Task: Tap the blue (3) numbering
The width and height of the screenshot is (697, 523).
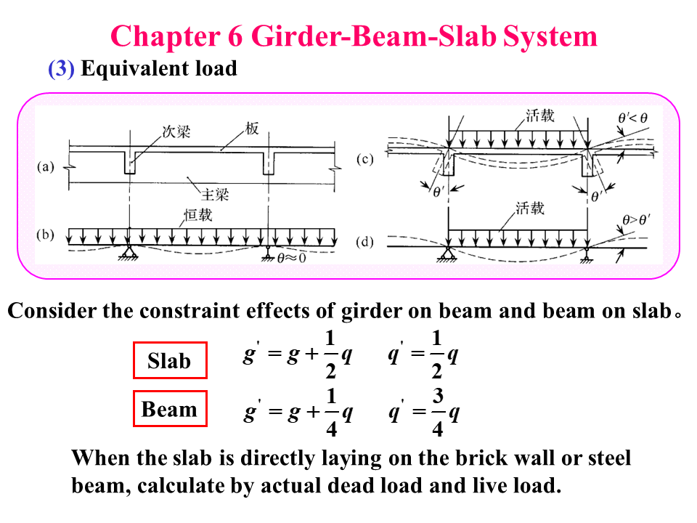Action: point(61,69)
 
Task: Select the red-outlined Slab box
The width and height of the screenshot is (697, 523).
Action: point(170,360)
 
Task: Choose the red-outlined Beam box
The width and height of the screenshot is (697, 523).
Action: point(170,409)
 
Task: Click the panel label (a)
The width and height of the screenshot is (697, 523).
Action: point(46,166)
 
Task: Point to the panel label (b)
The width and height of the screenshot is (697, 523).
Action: point(46,236)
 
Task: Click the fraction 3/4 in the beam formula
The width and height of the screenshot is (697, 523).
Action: point(438,413)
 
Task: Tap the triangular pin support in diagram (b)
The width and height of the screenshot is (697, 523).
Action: point(129,251)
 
